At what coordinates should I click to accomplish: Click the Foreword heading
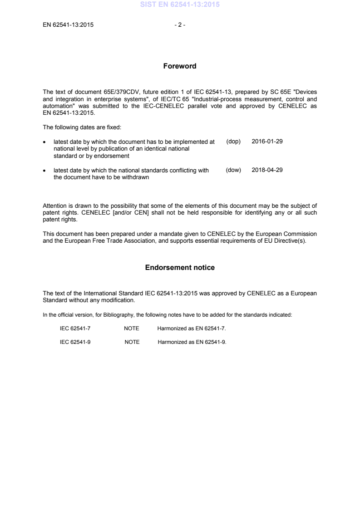[180, 66]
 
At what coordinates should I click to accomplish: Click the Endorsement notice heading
[180, 268]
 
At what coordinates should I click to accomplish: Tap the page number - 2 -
[180, 25]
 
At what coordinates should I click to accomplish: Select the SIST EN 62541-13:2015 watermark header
[180, 6]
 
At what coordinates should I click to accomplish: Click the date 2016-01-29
[267, 142]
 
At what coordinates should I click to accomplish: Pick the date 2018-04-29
[267, 171]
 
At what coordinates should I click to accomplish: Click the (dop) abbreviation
[233, 142]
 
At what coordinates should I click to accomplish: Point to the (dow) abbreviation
[233, 171]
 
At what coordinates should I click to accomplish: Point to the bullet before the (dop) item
[44, 142]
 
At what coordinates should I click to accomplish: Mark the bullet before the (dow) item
[44, 171]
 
